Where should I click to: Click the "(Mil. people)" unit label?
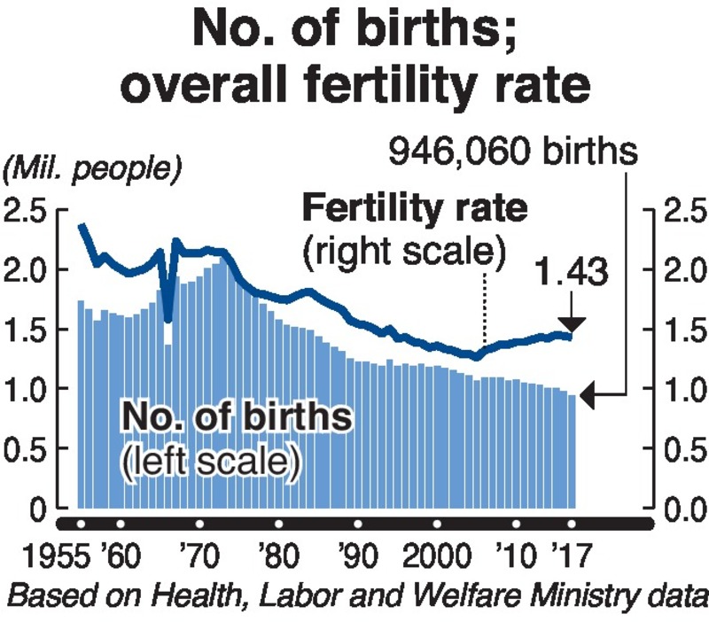click(90, 167)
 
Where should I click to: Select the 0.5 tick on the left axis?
click(25, 449)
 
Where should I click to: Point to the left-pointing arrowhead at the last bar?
click(588, 399)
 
